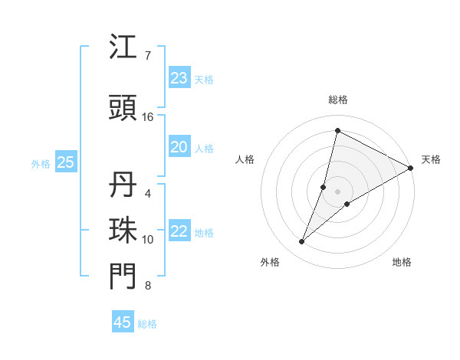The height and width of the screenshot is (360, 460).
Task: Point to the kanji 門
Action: tap(123, 277)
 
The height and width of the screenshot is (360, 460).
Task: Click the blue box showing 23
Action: tap(179, 78)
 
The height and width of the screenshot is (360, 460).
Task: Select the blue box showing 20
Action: tap(179, 147)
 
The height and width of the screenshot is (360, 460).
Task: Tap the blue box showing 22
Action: tap(179, 231)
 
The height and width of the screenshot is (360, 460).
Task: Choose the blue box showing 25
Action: tap(65, 162)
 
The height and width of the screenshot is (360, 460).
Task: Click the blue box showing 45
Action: tap(123, 322)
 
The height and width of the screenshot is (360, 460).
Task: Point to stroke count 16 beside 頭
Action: tap(148, 117)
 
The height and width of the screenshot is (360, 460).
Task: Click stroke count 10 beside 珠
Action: tap(148, 240)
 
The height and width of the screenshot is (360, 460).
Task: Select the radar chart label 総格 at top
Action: tap(337, 100)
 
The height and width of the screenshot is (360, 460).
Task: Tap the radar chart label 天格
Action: tap(431, 159)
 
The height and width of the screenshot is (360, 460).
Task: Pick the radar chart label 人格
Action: tap(245, 159)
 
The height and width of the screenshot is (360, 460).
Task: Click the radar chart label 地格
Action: tap(402, 262)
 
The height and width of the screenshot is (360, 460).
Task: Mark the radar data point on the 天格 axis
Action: tap(411, 168)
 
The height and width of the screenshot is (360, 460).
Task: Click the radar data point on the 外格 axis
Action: tap(302, 242)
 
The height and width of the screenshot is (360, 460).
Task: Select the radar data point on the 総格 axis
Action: tap(337, 131)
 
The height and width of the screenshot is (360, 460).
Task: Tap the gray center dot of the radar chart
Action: tap(337, 191)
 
